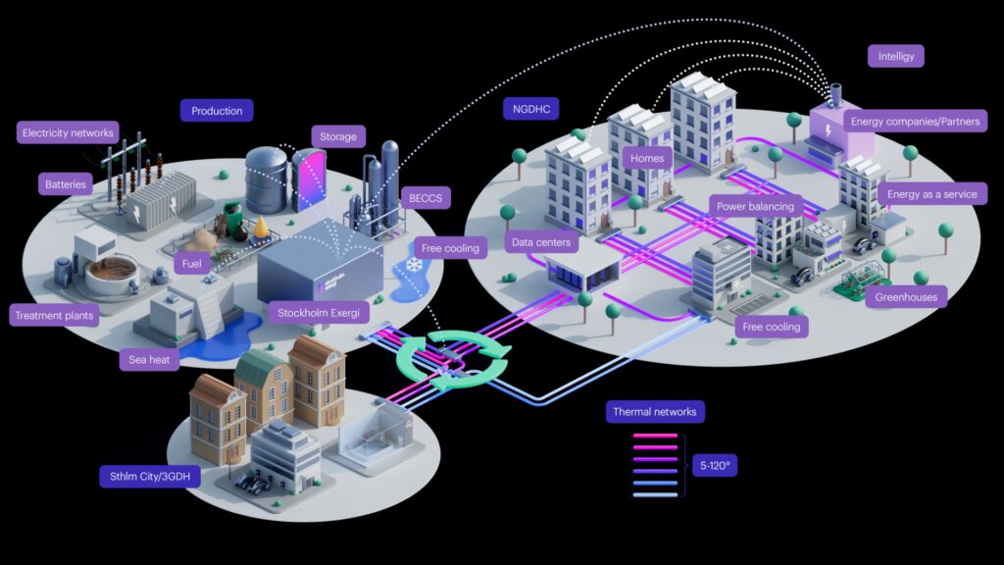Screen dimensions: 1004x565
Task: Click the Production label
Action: click(217, 111)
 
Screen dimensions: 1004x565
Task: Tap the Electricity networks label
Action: click(68, 132)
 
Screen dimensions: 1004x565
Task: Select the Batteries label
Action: click(66, 184)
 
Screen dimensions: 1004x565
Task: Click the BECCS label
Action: click(426, 198)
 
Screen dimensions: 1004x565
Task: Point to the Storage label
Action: click(338, 136)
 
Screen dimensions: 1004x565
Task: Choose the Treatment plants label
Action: click(54, 315)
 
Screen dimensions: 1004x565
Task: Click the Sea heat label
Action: click(149, 359)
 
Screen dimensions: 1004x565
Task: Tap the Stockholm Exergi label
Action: click(319, 313)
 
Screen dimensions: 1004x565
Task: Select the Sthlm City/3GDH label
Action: click(150, 476)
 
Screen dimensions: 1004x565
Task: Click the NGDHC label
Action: click(530, 109)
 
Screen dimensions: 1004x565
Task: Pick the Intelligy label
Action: click(896, 56)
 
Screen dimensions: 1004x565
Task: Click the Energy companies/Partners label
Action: click(915, 121)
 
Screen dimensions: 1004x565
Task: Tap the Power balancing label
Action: click(755, 206)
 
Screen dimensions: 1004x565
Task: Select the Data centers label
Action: click(541, 242)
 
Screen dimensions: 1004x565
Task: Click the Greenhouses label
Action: click(906, 296)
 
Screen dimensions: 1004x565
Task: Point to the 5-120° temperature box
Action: click(715, 465)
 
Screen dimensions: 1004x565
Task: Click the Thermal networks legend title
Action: click(654, 411)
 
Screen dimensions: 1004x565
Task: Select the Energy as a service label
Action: click(931, 194)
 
